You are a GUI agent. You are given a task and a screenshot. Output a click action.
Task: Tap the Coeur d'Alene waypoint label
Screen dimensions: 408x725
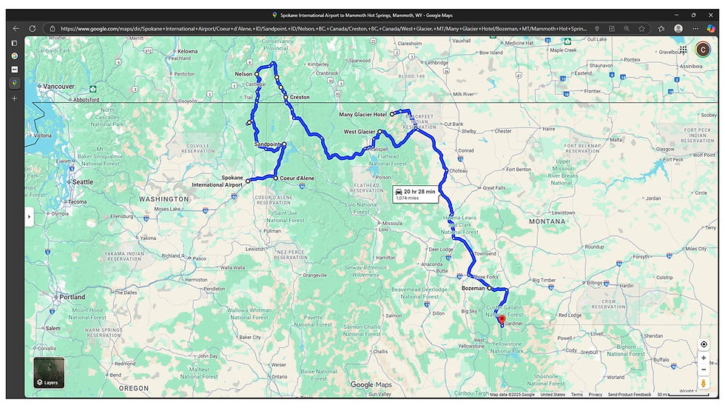pyautogui.click(x=297, y=178)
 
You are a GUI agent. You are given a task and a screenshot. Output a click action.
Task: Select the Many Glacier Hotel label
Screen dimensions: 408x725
pyautogui.click(x=362, y=115)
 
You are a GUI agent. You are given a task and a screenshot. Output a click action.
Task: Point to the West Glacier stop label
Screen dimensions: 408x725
pyautogui.click(x=360, y=132)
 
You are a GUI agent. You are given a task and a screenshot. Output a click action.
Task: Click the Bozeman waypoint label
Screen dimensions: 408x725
pyautogui.click(x=473, y=288)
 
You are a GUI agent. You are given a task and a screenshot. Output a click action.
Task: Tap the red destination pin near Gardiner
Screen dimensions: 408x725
pyautogui.click(x=502, y=321)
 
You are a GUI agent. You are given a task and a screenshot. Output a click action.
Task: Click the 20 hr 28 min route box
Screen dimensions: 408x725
pyautogui.click(x=415, y=195)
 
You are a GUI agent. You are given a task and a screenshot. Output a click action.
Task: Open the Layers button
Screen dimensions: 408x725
pyautogui.click(x=49, y=373)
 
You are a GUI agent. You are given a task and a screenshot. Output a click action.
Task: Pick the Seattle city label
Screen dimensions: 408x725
pyautogui.click(x=82, y=181)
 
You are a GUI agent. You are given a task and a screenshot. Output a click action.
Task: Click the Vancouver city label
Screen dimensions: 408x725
pyautogui.click(x=58, y=87)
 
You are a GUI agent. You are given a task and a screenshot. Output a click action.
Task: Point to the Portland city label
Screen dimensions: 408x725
pyautogui.click(x=72, y=297)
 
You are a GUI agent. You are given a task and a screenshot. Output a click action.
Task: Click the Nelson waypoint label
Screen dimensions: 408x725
pyautogui.click(x=243, y=75)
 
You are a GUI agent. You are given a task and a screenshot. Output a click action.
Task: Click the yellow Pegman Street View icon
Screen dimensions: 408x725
pyautogui.click(x=704, y=384)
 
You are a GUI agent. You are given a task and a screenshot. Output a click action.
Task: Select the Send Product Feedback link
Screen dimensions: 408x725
pyautogui.click(x=630, y=395)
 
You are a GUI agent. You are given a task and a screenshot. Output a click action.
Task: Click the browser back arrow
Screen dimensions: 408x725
pyautogui.click(x=16, y=28)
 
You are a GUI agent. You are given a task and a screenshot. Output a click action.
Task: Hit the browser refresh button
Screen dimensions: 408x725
pyautogui.click(x=32, y=28)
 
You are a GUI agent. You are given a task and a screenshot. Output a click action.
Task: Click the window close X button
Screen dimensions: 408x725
pyautogui.click(x=709, y=14)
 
